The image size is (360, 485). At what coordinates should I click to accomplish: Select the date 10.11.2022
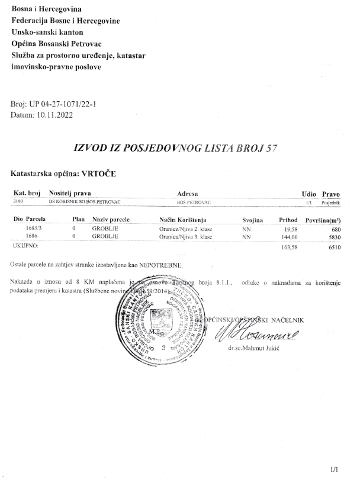(54, 115)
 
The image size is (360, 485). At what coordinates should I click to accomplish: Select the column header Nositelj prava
(72, 194)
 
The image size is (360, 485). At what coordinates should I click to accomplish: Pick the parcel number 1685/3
(35, 228)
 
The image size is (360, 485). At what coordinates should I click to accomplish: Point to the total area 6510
(333, 245)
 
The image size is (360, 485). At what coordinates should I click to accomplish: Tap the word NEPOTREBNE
(165, 263)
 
